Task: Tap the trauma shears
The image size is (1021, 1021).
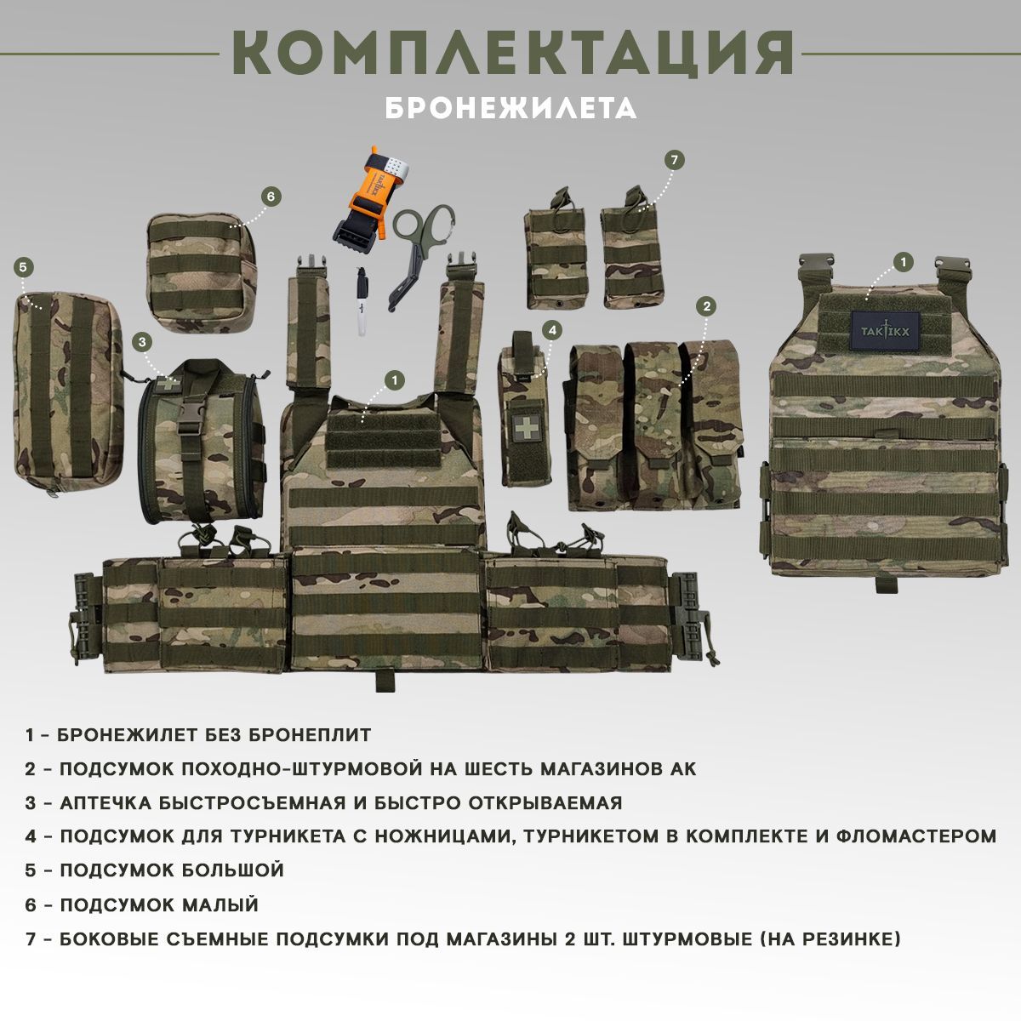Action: pyautogui.click(x=419, y=254)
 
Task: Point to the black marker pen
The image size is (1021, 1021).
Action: pyautogui.click(x=362, y=301)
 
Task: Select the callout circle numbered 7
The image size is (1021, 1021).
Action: pyautogui.click(x=674, y=160)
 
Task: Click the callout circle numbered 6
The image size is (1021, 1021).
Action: pyautogui.click(x=271, y=197)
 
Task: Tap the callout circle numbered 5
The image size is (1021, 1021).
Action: pyautogui.click(x=23, y=267)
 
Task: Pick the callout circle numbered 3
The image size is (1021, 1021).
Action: pyautogui.click(x=142, y=342)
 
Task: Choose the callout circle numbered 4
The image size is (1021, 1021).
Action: pyautogui.click(x=552, y=331)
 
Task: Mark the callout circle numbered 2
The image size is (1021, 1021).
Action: pyautogui.click(x=706, y=305)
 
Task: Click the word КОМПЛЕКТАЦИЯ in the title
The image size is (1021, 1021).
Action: pyautogui.click(x=513, y=53)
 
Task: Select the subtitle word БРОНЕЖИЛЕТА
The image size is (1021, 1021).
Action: pyautogui.click(x=510, y=108)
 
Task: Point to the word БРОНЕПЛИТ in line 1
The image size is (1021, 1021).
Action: pyautogui.click(x=310, y=735)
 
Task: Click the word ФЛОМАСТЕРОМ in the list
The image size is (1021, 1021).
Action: pyautogui.click(x=917, y=836)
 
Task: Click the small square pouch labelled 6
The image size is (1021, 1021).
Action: pyautogui.click(x=202, y=273)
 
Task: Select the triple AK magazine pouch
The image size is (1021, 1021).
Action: pyautogui.click(x=655, y=426)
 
